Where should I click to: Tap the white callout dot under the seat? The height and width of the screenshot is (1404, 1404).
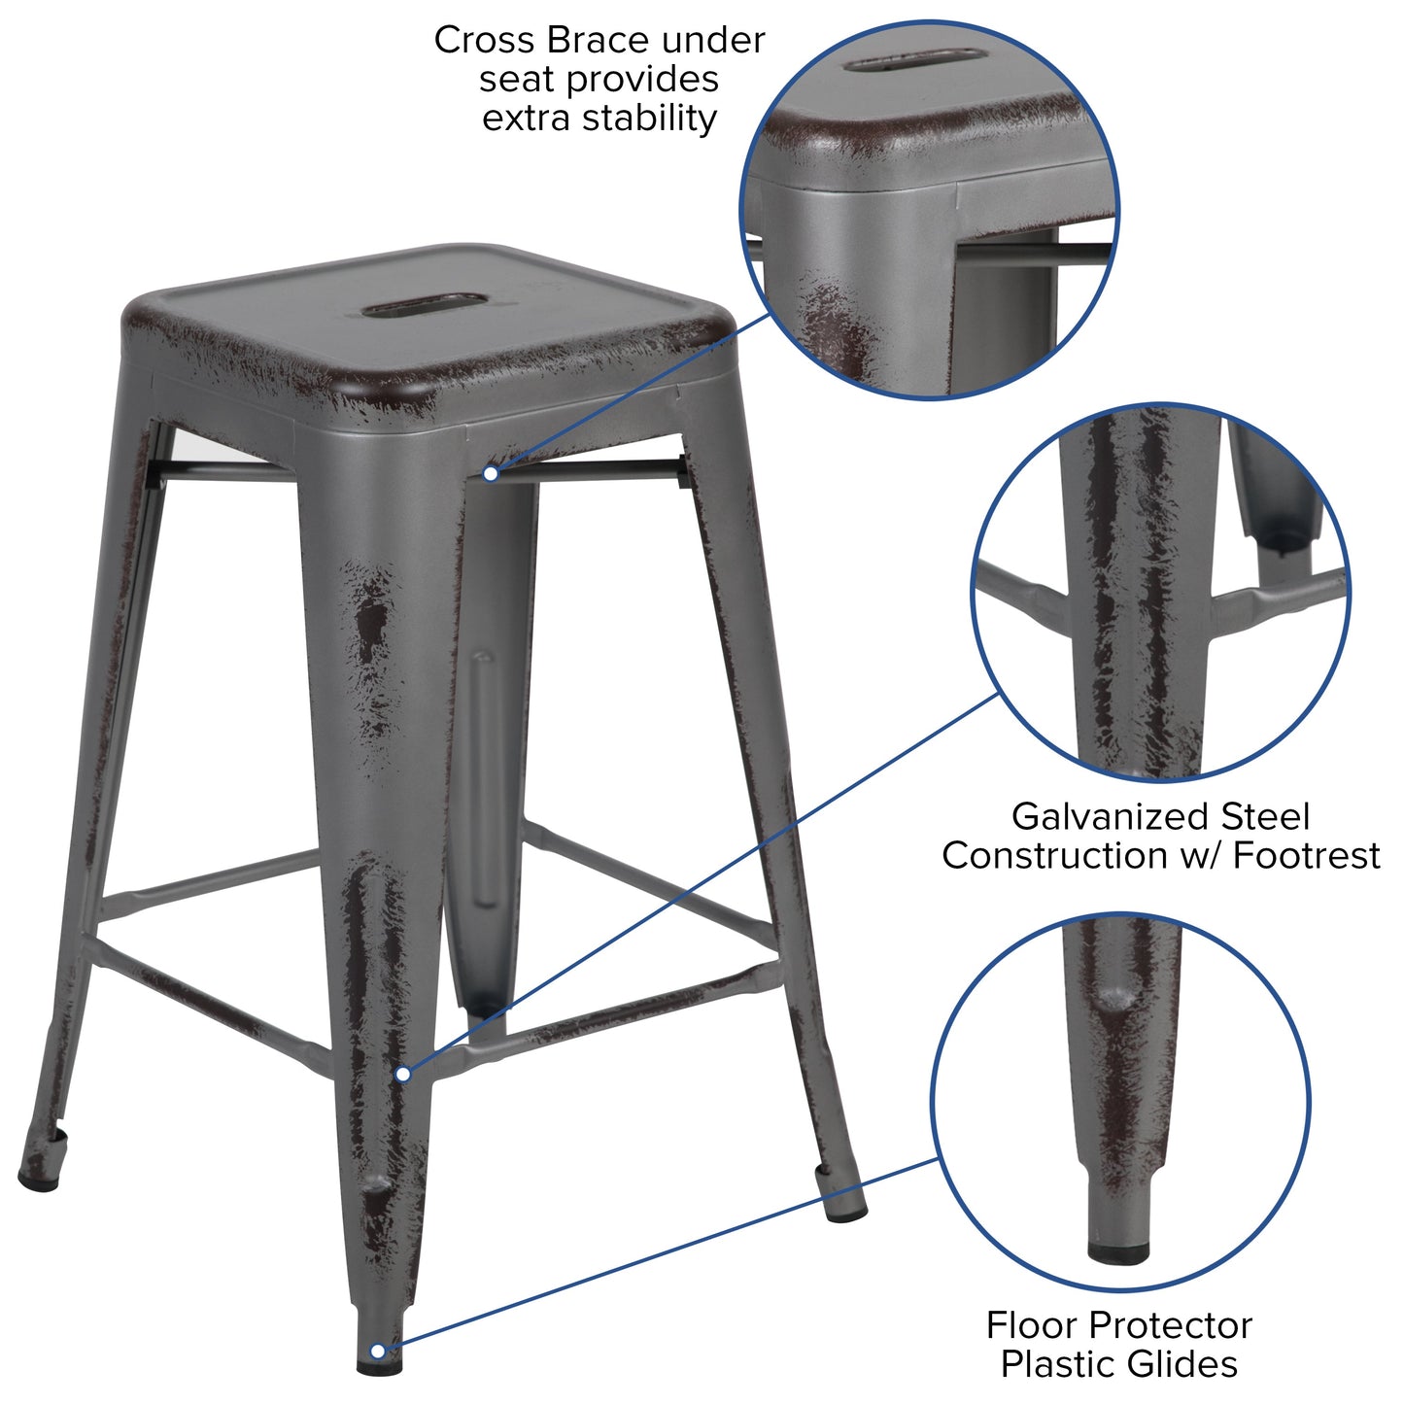(x=492, y=473)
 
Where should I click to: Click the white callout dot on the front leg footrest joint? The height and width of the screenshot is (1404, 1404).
(x=403, y=1074)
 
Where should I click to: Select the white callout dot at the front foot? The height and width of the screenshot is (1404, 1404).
(x=378, y=1351)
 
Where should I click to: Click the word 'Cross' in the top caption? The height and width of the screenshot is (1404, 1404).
(x=483, y=41)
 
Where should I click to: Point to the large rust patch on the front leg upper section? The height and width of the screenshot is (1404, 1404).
(x=372, y=622)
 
